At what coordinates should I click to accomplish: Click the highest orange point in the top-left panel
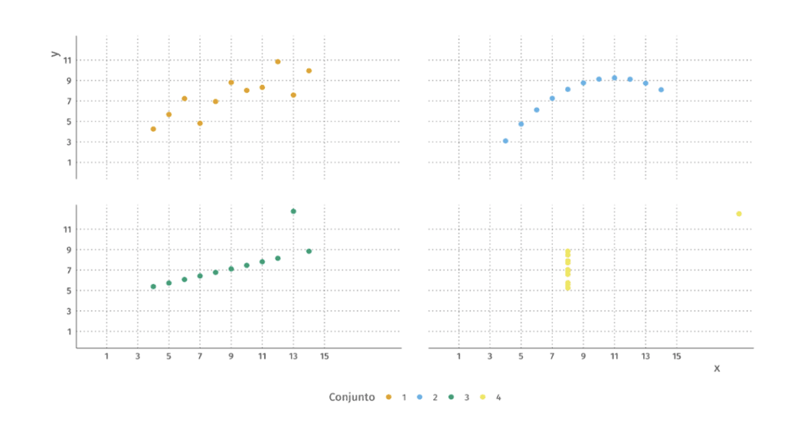[277, 61]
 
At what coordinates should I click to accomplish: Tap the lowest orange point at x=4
[153, 129]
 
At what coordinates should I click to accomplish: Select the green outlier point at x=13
[293, 211]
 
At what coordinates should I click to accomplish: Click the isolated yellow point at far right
[739, 214]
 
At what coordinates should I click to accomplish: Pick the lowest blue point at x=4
[505, 141]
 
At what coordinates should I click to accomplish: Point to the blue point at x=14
[661, 90]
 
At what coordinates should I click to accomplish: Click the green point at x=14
[309, 251]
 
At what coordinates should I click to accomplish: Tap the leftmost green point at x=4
[153, 287]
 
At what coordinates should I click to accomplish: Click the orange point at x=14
[309, 70]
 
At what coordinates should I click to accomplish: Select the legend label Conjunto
[352, 397]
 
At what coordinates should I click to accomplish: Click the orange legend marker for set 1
[388, 397]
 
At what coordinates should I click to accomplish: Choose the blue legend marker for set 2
[420, 397]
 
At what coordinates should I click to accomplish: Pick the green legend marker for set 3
[451, 397]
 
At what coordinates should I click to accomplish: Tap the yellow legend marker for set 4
[482, 397]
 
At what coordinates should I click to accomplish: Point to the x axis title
[717, 368]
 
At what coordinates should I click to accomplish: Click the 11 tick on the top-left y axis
[67, 61]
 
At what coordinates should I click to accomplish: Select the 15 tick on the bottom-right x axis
[677, 356]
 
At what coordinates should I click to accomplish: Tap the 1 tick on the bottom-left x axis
[106, 356]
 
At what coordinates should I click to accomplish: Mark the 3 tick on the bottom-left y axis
[67, 311]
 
